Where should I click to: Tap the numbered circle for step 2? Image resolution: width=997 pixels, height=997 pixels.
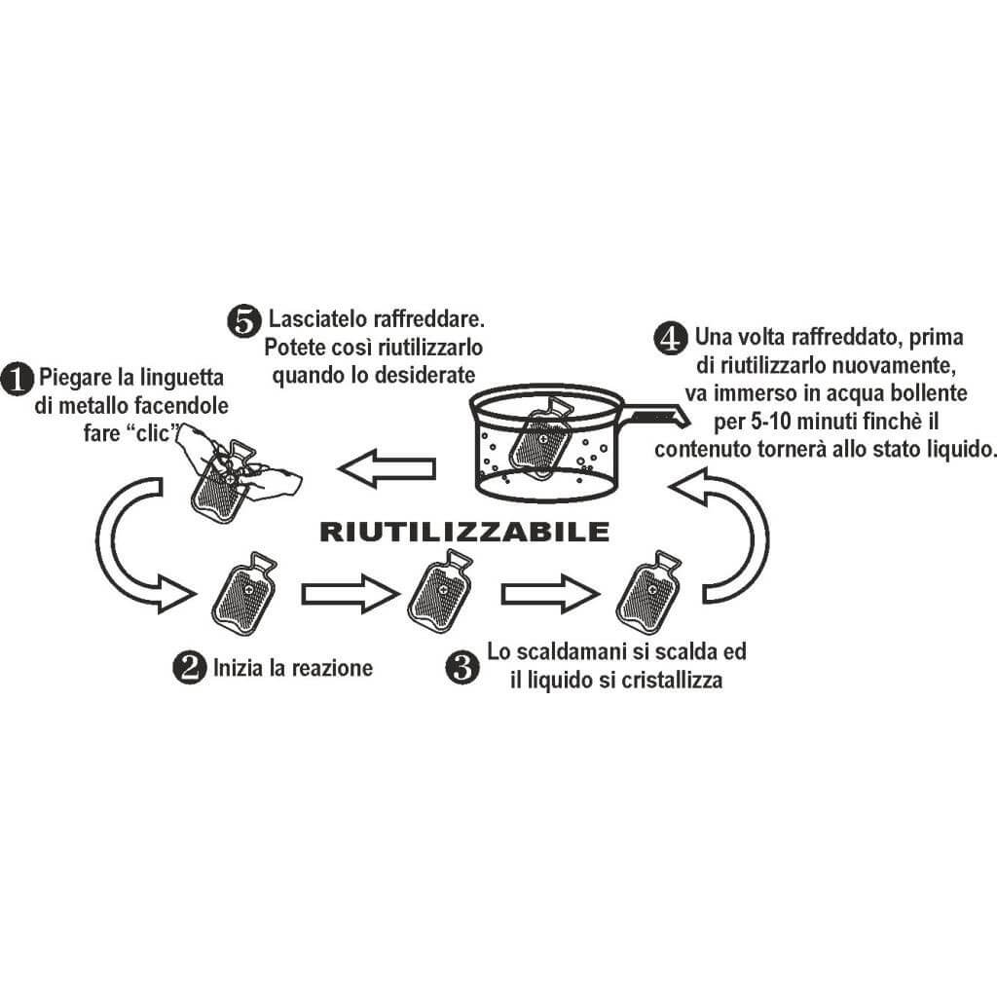tap(188, 668)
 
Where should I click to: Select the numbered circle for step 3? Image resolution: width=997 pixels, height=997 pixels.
tap(461, 667)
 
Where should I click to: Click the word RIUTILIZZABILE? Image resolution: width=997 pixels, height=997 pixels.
tap(464, 532)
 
